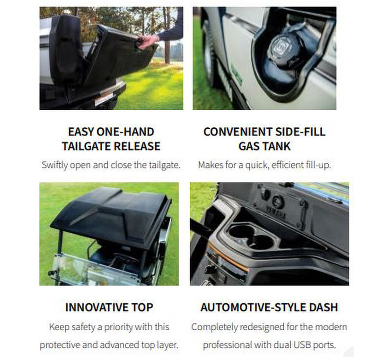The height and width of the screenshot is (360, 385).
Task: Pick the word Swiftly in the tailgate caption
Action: (56, 165)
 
